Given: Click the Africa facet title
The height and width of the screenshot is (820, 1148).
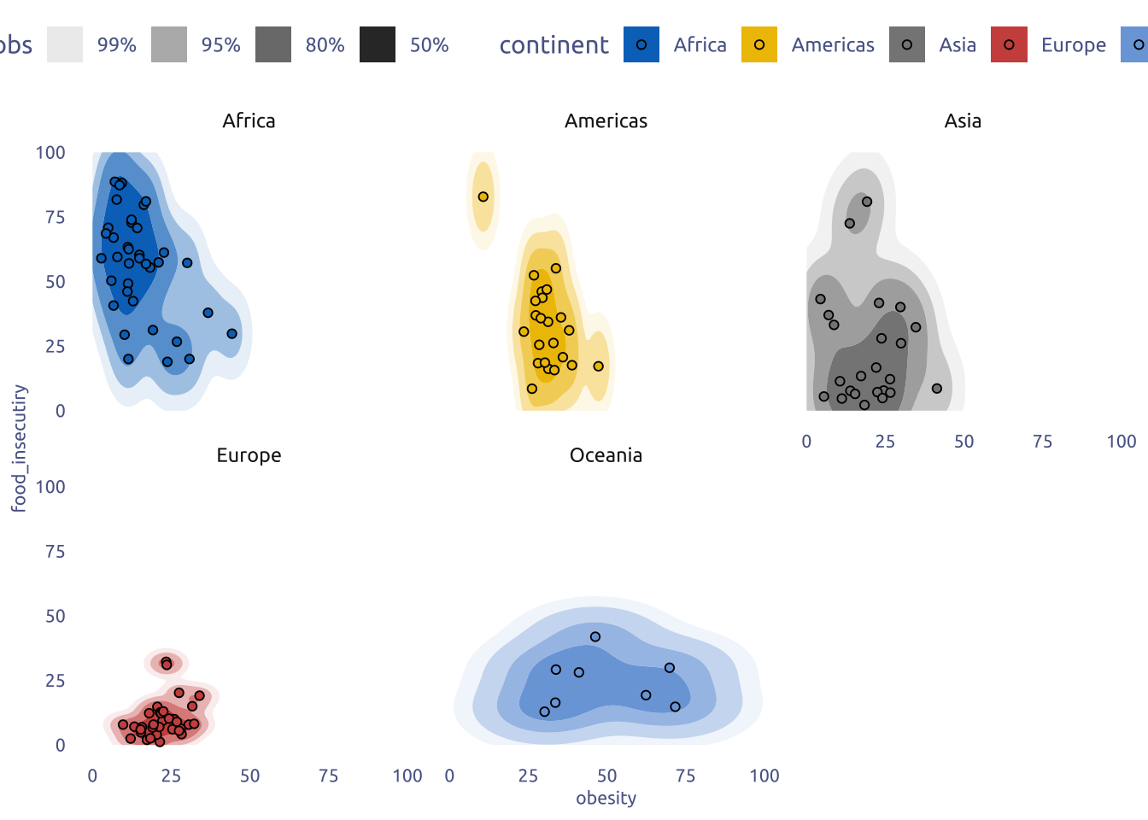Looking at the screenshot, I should (x=249, y=121).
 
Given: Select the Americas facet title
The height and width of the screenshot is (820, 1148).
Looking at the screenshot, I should (x=606, y=121).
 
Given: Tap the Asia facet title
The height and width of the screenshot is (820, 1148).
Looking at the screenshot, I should (x=963, y=121).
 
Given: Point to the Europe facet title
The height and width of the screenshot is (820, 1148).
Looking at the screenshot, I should (x=249, y=455).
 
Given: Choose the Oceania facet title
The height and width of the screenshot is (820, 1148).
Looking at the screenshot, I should (x=606, y=455).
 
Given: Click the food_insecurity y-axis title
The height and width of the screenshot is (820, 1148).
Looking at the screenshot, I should (x=19, y=448).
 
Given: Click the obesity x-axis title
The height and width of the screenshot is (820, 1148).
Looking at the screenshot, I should (x=606, y=798).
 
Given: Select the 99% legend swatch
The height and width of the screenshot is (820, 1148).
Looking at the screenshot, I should (x=65, y=44).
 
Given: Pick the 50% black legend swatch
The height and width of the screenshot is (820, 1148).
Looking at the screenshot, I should (x=378, y=44).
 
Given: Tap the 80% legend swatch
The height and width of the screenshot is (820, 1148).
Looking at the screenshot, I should (x=273, y=44).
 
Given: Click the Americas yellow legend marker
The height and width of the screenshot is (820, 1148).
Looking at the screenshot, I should (x=759, y=44).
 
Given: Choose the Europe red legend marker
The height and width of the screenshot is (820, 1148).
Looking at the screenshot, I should (x=1009, y=44).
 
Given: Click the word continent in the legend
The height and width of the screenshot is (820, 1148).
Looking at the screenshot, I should (x=553, y=44).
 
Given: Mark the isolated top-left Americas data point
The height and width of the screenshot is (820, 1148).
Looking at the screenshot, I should (x=483, y=196).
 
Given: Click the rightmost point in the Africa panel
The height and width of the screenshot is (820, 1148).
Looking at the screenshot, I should (x=232, y=334).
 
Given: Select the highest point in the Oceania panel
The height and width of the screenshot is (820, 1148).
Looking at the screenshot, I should (x=595, y=637).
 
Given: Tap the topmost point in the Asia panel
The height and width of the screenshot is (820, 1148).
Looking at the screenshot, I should (x=867, y=202).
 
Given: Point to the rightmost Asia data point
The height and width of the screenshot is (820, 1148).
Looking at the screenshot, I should (x=937, y=389).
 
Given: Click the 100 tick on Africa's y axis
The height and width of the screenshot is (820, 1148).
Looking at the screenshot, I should (x=50, y=152).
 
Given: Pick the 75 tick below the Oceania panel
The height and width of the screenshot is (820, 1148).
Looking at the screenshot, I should (x=685, y=776).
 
